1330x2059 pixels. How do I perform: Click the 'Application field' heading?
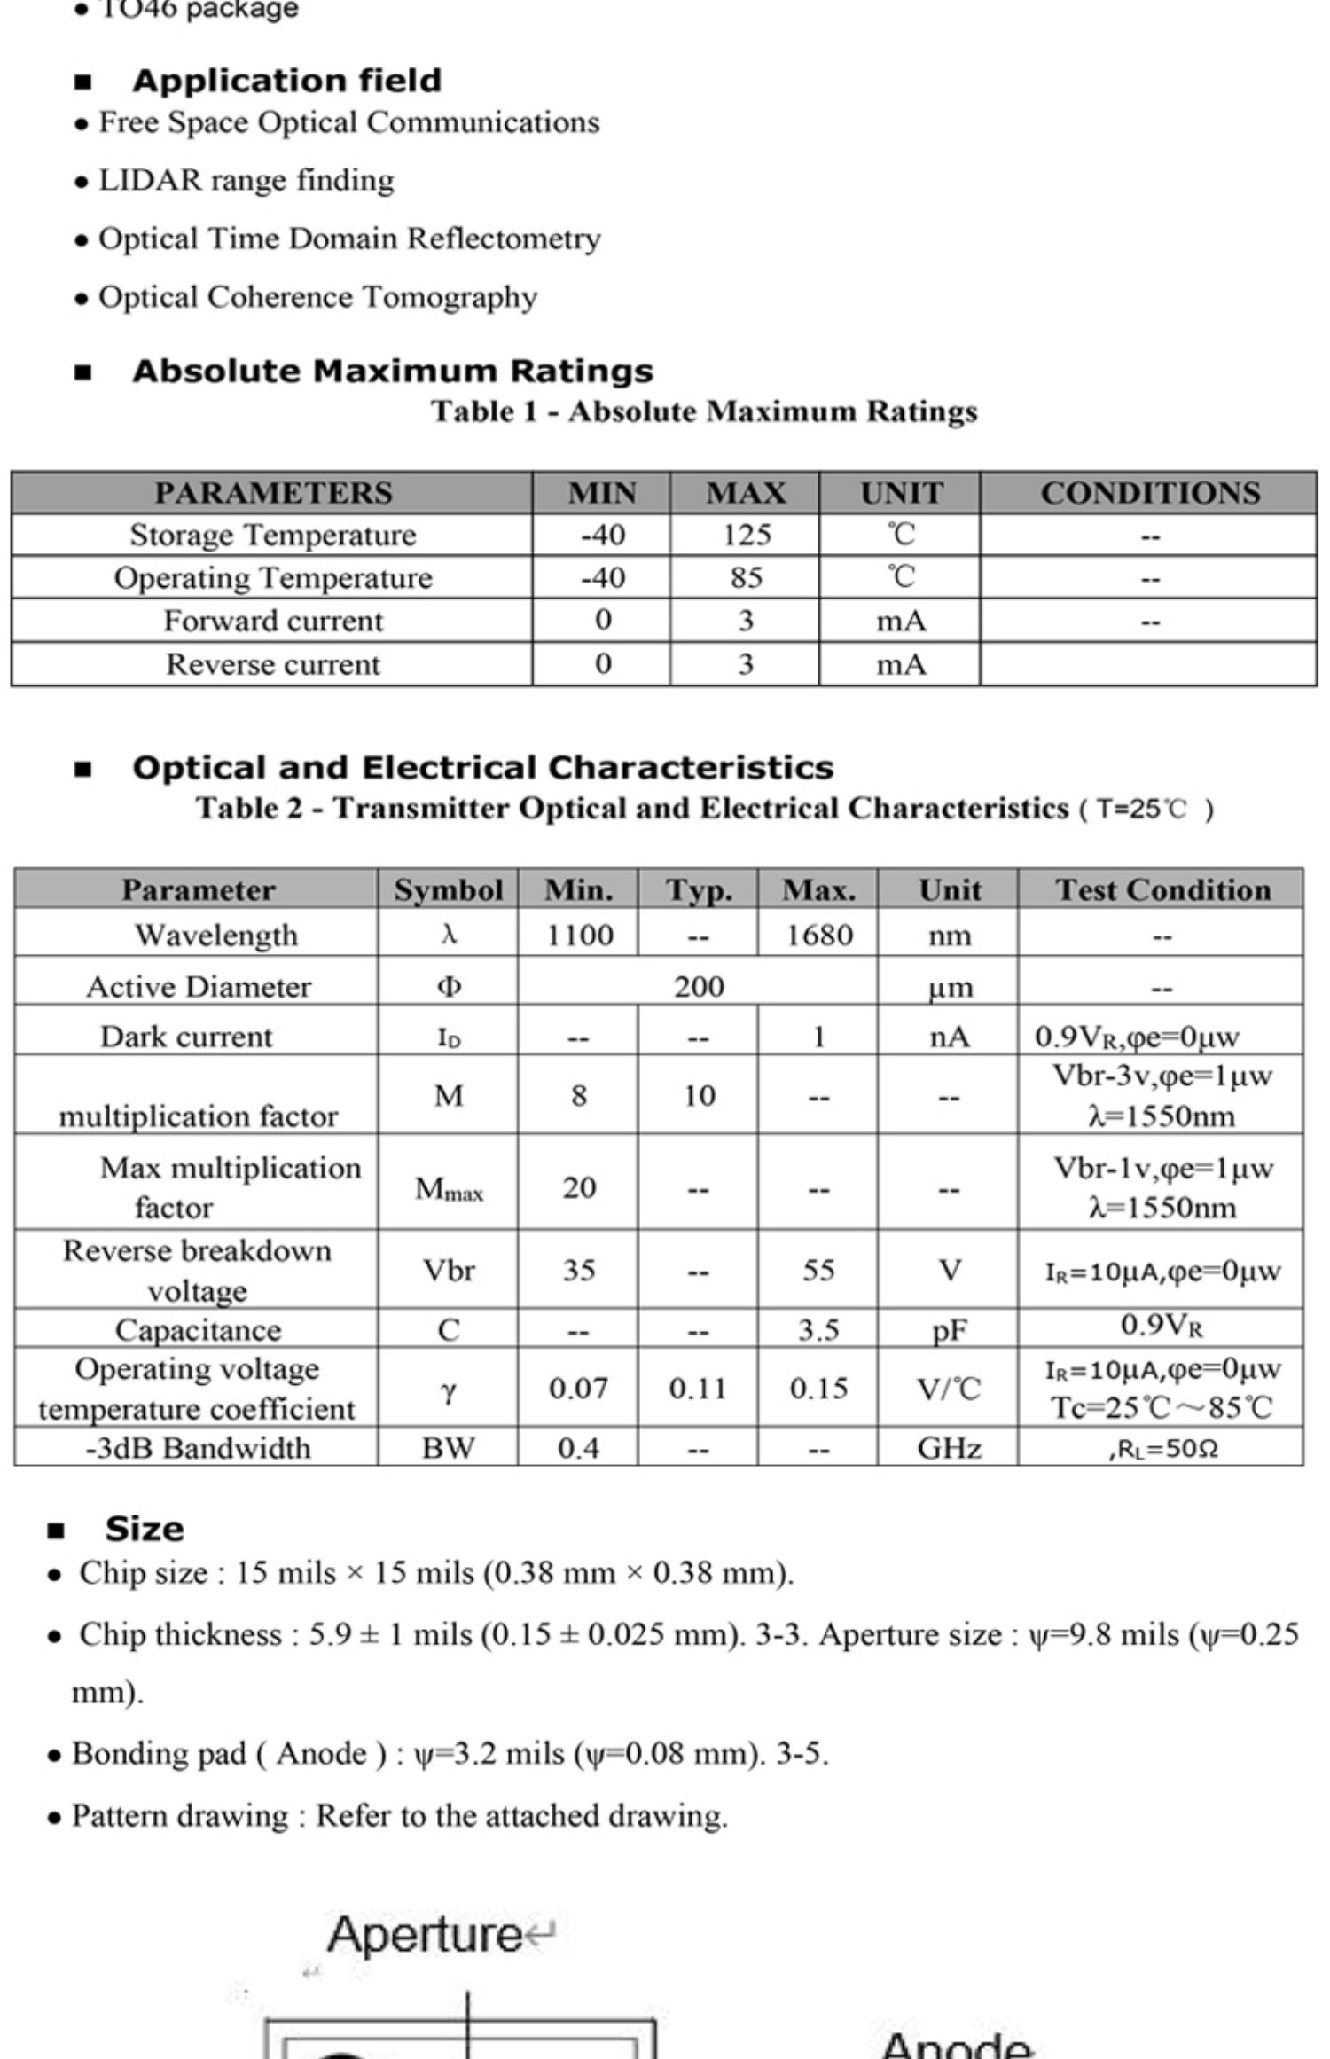[x=286, y=81]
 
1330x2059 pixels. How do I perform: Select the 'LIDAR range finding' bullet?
[x=246, y=180]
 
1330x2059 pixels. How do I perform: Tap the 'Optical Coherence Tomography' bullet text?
[x=317, y=297]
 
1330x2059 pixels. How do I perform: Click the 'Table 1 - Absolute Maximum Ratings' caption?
[x=704, y=411]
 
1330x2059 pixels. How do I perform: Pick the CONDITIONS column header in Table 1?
[x=1149, y=493]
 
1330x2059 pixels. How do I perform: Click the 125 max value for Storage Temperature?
[x=746, y=535]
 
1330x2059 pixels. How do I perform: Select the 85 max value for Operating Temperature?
[x=746, y=577]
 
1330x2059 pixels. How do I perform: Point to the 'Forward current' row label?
[x=273, y=621]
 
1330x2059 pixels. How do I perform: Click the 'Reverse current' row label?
[x=273, y=664]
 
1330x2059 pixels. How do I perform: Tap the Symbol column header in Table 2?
[x=449, y=889]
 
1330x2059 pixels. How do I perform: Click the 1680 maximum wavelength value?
[x=818, y=935]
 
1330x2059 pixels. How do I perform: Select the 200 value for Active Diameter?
[x=699, y=986]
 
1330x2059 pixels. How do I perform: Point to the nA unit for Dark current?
[x=949, y=1036]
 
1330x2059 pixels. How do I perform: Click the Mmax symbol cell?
[x=449, y=1187]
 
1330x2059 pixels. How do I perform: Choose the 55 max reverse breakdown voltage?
[x=818, y=1270]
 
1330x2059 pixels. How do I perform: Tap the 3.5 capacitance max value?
[x=818, y=1329]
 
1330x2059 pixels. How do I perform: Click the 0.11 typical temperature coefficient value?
[x=699, y=1388]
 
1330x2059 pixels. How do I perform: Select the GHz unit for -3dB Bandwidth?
[x=949, y=1448]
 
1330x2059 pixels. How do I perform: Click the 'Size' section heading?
[x=144, y=1529]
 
